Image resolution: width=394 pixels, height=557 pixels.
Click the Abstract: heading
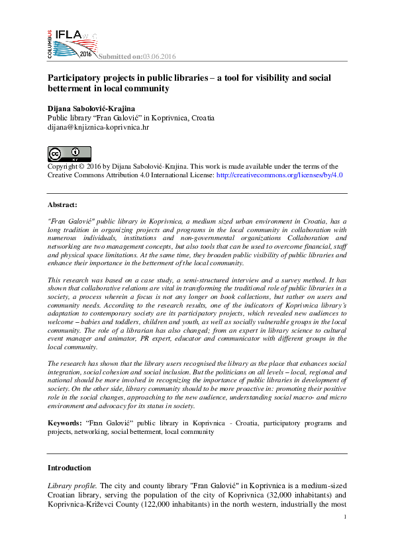pos(62,206)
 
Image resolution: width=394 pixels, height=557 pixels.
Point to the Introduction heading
pos(70,467)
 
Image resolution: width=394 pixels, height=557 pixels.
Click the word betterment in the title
pos(74,88)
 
